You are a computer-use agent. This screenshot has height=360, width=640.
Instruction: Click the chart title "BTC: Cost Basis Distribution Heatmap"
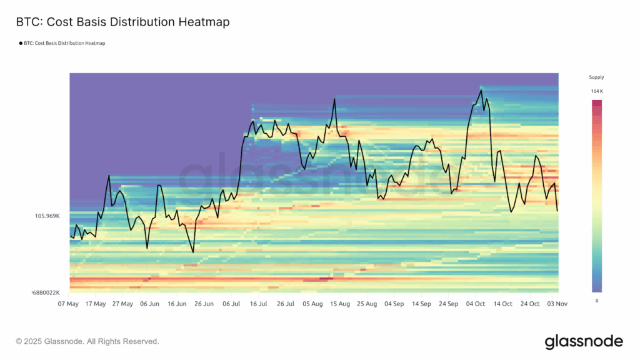[x=122, y=22]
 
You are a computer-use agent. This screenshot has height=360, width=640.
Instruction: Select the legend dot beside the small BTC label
[x=21, y=44]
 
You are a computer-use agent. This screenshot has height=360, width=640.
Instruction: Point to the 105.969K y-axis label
[x=47, y=216]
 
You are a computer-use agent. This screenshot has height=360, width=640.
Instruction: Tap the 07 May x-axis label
[x=68, y=304]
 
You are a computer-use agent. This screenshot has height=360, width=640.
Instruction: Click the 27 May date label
[x=122, y=304]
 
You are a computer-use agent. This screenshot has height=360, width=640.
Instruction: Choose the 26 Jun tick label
[x=204, y=304]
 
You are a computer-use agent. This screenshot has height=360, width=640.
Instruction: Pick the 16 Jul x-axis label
[x=258, y=304]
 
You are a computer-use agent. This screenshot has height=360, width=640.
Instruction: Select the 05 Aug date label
[x=312, y=304]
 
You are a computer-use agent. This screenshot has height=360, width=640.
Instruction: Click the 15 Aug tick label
[x=340, y=304]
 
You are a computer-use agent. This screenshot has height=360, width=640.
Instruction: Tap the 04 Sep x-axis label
[x=394, y=304]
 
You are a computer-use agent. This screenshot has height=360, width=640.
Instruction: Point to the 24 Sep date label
[x=449, y=304]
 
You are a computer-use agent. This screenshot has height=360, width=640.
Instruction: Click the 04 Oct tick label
[x=476, y=304]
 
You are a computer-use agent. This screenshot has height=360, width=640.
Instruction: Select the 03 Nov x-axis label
[x=557, y=304]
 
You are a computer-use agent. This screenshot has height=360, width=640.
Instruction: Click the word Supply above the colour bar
[x=596, y=77]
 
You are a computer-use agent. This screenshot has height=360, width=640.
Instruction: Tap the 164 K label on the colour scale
[x=597, y=91]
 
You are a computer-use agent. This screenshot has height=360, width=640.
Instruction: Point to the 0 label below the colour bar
[x=596, y=301]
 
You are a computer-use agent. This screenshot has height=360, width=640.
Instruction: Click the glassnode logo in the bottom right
[x=584, y=341]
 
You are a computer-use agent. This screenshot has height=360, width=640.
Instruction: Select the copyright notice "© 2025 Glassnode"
[x=87, y=342]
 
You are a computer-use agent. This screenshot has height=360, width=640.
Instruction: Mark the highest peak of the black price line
[x=481, y=90]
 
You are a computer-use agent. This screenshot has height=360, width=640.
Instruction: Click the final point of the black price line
[x=557, y=211]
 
